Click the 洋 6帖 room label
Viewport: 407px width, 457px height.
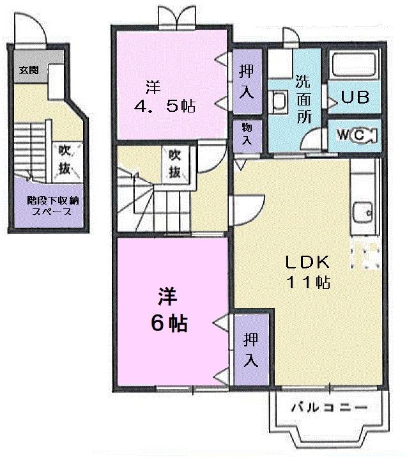[169, 311]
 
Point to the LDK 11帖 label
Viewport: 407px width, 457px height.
[307, 272]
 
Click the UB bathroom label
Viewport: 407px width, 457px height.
[354, 98]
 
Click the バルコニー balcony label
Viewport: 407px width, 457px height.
[328, 407]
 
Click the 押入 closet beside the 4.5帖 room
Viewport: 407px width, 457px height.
[246, 81]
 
